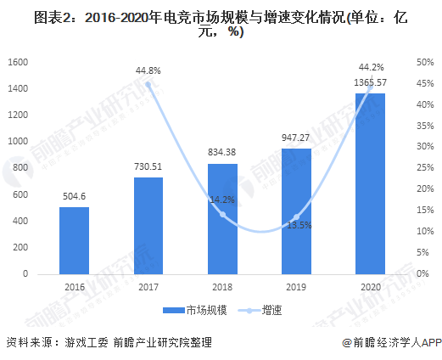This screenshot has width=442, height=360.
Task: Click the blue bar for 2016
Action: pyautogui.click(x=74, y=240)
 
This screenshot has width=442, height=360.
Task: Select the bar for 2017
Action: pyautogui.click(x=148, y=225)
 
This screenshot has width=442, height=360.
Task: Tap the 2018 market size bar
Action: pyautogui.click(x=222, y=218)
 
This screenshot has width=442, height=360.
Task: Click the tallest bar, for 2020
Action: pyautogui.click(x=370, y=183)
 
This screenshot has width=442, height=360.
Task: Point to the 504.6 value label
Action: pyautogui.click(x=74, y=196)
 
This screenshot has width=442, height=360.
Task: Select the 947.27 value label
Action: pyautogui.click(x=297, y=137)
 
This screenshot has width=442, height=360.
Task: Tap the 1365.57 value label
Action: pyautogui.click(x=371, y=82)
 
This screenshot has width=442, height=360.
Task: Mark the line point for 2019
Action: pyautogui.click(x=296, y=217)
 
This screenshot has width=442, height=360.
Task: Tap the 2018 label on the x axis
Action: pyautogui.click(x=222, y=288)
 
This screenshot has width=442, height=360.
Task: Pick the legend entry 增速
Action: pyautogui.click(x=270, y=311)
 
